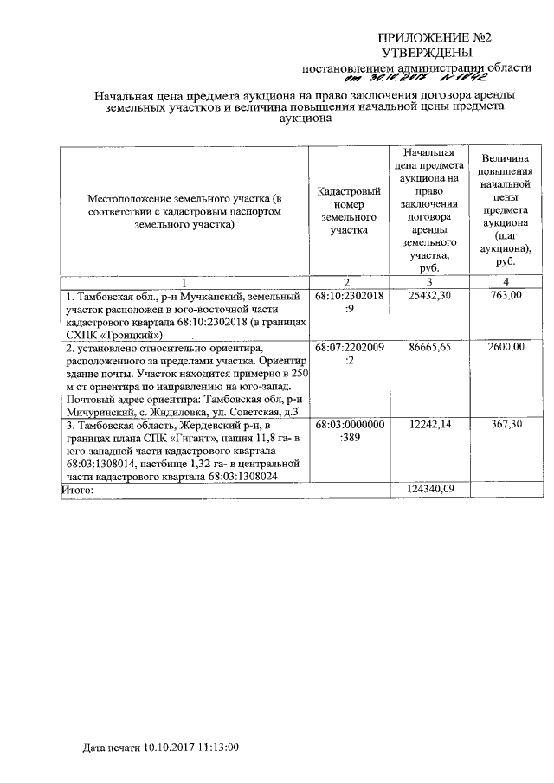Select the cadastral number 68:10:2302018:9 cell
349,302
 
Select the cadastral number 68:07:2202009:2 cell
349,353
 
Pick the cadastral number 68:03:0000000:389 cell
349,433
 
